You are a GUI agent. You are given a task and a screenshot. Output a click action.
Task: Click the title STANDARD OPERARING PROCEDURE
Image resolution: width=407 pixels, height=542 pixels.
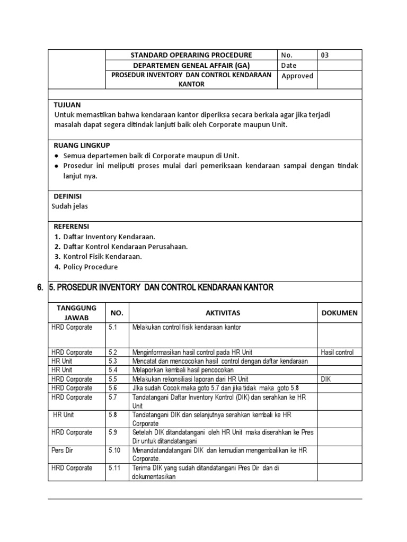191,55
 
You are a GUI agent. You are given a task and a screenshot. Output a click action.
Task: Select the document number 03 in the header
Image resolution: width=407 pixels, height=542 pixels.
325,55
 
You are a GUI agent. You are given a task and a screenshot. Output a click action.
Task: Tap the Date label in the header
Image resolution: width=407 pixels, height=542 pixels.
289,66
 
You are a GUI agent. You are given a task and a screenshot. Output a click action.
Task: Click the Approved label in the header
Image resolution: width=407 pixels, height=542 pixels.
297,76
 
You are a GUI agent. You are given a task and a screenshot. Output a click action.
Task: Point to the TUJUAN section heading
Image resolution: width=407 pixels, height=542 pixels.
67,105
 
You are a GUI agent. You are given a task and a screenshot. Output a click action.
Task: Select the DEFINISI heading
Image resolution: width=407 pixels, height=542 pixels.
69,196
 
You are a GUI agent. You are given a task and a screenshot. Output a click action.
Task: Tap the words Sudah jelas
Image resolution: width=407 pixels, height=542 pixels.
70,206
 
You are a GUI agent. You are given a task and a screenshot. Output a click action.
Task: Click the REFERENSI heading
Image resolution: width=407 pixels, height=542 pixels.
72,226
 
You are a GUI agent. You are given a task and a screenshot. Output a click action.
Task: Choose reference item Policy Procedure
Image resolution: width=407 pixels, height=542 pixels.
91,267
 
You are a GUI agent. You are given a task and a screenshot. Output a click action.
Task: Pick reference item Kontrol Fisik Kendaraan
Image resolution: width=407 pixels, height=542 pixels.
102,257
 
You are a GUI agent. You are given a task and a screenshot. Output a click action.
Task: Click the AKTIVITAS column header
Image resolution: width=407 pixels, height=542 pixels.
223,313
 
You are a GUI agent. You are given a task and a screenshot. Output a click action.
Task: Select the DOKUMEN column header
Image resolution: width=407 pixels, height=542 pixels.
339,313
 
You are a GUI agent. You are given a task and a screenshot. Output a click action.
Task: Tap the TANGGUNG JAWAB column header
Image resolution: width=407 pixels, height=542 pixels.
76,313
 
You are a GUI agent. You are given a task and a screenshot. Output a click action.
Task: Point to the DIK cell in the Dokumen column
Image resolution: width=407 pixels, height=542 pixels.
326,379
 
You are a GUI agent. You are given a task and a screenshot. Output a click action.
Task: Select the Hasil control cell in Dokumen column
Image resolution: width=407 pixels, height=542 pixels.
337,352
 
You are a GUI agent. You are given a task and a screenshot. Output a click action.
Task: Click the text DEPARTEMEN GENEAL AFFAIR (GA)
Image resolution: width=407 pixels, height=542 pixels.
191,66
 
